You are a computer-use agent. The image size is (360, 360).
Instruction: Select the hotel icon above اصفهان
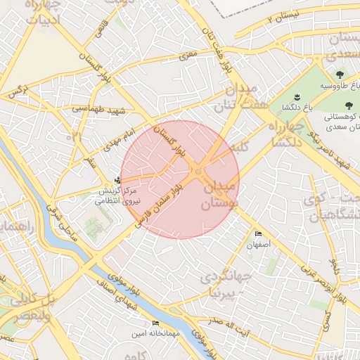pyautogui.click(x=257, y=234)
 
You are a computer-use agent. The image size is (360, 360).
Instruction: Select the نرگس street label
pyautogui.click(x=16, y=92)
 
